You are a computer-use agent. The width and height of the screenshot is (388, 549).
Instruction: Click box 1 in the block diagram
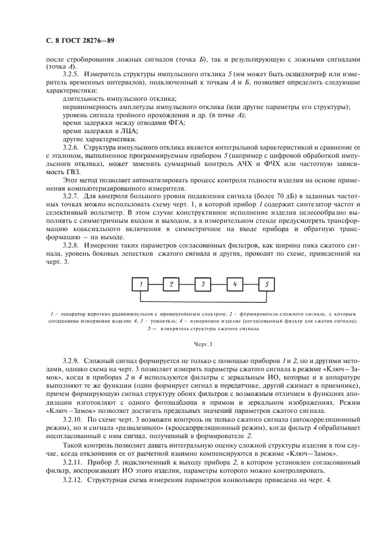click(x=141, y=285)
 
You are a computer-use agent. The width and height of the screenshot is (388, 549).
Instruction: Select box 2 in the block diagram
click(x=172, y=285)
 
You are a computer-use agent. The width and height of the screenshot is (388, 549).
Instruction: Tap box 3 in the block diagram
click(x=203, y=285)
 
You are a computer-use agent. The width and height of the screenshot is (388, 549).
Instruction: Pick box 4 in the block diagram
click(x=235, y=285)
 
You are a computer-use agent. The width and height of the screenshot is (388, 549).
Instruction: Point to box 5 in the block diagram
click(x=266, y=285)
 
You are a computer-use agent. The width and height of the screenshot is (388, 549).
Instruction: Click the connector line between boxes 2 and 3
click(x=187, y=285)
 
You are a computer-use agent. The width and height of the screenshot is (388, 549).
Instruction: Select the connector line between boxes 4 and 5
click(x=251, y=285)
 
